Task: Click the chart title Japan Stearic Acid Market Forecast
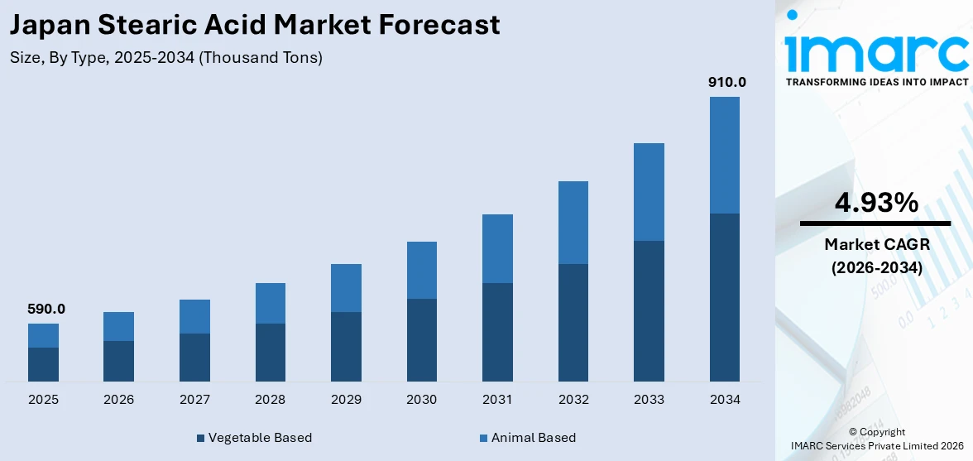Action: [255, 25]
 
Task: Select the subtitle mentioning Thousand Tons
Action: [166, 58]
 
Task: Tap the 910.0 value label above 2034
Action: [726, 82]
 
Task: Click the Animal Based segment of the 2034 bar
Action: [724, 155]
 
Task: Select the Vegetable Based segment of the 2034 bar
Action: [724, 297]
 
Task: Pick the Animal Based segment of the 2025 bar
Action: [43, 335]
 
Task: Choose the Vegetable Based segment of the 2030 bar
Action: [421, 339]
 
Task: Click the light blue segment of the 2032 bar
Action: [573, 223]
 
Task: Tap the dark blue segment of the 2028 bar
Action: [270, 352]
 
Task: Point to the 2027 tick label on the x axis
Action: [194, 400]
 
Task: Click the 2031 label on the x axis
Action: [497, 400]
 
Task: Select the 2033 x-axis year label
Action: [649, 400]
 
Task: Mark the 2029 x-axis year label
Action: [346, 400]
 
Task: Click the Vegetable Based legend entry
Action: [254, 437]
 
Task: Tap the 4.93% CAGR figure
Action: [875, 202]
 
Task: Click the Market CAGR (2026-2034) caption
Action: [875, 256]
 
